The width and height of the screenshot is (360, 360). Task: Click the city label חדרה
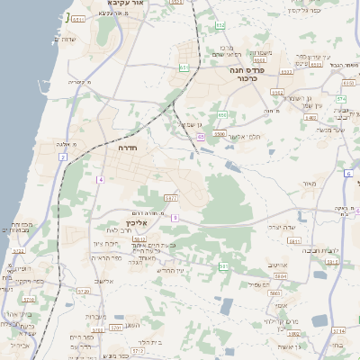(126, 148)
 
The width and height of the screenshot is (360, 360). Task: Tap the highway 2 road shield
(63, 157)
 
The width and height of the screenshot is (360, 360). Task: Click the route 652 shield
(220, 24)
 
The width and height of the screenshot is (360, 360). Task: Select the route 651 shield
(184, 67)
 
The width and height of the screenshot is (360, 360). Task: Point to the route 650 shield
(221, 114)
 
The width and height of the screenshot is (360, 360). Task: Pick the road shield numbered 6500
(220, 134)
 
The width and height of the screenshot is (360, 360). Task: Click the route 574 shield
(341, 98)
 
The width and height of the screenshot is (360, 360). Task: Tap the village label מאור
(310, 184)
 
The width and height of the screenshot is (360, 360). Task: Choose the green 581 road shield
(223, 266)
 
